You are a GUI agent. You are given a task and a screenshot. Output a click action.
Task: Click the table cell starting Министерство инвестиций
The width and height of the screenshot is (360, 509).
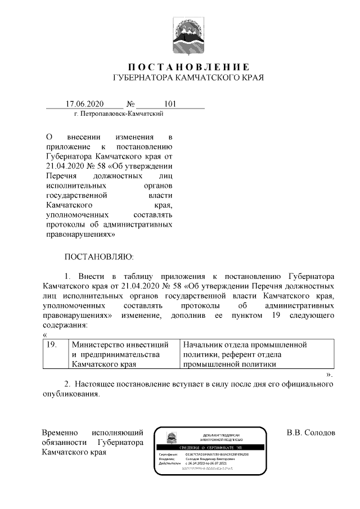[121, 354]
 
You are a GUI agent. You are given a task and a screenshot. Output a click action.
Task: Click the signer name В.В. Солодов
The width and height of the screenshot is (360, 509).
[310, 433]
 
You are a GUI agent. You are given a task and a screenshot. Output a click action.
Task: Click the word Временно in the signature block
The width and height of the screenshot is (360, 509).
[60, 433]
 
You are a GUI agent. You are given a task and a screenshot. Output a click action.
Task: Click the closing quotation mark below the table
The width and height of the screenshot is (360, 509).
[330, 374]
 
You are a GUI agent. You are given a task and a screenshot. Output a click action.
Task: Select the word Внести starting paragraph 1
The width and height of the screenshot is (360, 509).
[90, 277]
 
